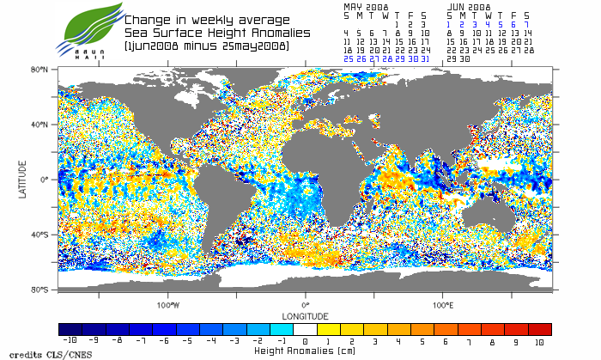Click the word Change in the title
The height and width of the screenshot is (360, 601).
pos(149,20)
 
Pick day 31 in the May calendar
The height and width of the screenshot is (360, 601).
pos(424,59)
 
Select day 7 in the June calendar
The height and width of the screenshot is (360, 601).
pos(527,24)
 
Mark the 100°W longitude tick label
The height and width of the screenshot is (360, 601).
pos(168,304)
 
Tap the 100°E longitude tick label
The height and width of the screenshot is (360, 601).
pos(442,304)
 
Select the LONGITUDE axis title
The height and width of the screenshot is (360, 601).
pos(305,314)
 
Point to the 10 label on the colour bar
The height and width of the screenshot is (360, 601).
pos(540,341)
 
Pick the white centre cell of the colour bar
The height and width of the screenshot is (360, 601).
pos(305,329)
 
